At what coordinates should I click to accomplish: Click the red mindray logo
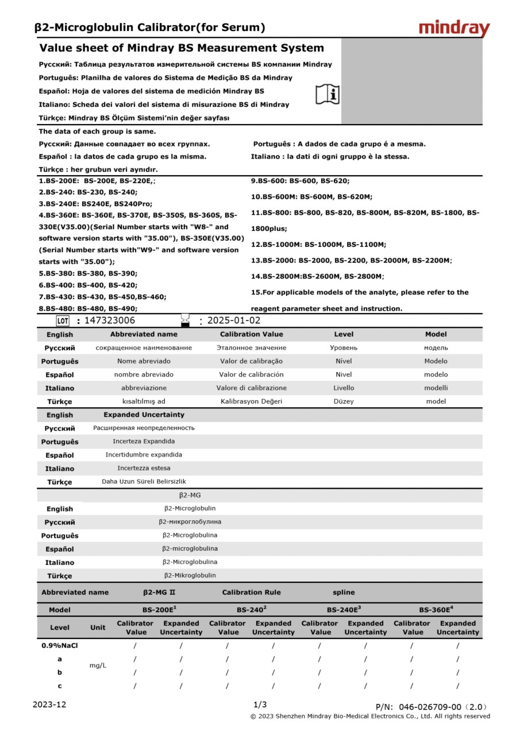pos(454,28)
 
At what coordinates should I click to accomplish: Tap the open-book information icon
pos(328,94)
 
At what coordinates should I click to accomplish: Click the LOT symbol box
pos(63,320)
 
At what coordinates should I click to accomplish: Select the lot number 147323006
pos(110,320)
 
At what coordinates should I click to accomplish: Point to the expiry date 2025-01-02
pos(233,320)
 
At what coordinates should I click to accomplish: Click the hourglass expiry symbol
pos(185,320)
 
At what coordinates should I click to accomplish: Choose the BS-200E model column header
pos(159,610)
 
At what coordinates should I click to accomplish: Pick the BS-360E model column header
pos(436,610)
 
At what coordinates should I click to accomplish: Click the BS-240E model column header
pos(344,610)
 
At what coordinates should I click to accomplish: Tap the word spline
pos(344,592)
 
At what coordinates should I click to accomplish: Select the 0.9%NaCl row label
pos(60,645)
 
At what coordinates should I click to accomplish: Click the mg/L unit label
pos(98,666)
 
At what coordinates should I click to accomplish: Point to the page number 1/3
pos(260,705)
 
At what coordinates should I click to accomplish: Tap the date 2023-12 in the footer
pos(49,705)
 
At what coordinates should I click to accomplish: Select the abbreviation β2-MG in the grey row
pos(190,495)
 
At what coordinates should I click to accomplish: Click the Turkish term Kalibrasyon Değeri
pos(251,401)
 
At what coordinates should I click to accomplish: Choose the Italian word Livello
pos(344,388)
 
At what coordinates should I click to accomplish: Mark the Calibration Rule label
pos(251,592)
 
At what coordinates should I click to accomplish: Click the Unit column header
pos(98,628)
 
